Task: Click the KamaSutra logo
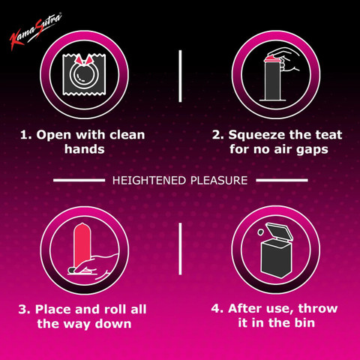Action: tap(35, 31)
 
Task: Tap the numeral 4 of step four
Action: tap(216, 308)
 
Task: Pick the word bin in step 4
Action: tap(304, 322)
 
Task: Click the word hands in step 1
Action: tap(85, 149)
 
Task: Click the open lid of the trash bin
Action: tap(279, 232)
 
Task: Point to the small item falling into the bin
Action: tap(260, 232)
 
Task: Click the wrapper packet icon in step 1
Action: tap(84, 74)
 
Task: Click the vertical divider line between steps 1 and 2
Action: tap(180, 76)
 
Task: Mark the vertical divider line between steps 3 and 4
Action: tap(180, 249)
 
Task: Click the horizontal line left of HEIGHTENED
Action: tap(79, 180)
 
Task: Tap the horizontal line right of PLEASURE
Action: tap(282, 180)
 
